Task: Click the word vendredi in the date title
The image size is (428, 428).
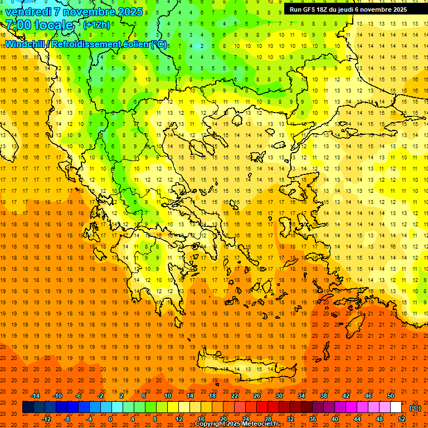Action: (26, 12)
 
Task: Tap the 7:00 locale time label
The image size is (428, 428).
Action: (39, 25)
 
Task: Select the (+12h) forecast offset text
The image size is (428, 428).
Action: (96, 25)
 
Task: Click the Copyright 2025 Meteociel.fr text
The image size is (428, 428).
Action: (236, 424)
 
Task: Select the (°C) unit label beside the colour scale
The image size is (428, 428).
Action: (415, 408)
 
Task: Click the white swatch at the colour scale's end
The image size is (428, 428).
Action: (396, 407)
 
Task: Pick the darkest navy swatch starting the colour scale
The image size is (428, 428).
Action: (28, 407)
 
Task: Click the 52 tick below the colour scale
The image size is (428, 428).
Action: (402, 419)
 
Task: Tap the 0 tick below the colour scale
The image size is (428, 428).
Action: (110, 419)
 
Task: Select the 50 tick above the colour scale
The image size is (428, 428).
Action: (391, 396)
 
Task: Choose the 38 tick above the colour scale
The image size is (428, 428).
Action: (324, 396)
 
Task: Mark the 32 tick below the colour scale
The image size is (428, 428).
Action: (290, 419)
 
